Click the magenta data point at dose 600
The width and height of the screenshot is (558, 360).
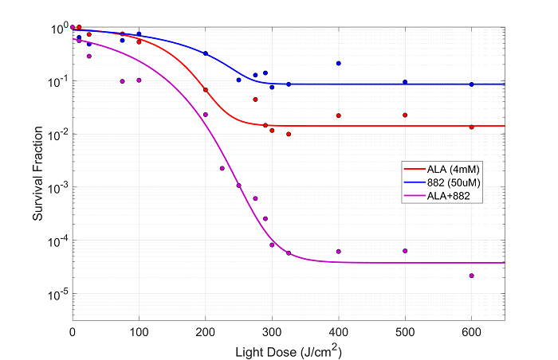tap(472, 276)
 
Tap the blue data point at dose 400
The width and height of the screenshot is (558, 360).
tap(339, 63)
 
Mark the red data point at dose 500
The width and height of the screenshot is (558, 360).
tap(405, 115)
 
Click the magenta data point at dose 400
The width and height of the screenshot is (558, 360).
tap(339, 252)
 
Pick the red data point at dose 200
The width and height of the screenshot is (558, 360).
tap(206, 90)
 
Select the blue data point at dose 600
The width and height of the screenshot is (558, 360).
tap(472, 84)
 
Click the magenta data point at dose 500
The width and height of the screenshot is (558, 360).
tap(405, 251)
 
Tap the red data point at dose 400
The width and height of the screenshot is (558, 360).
tap(339, 115)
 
